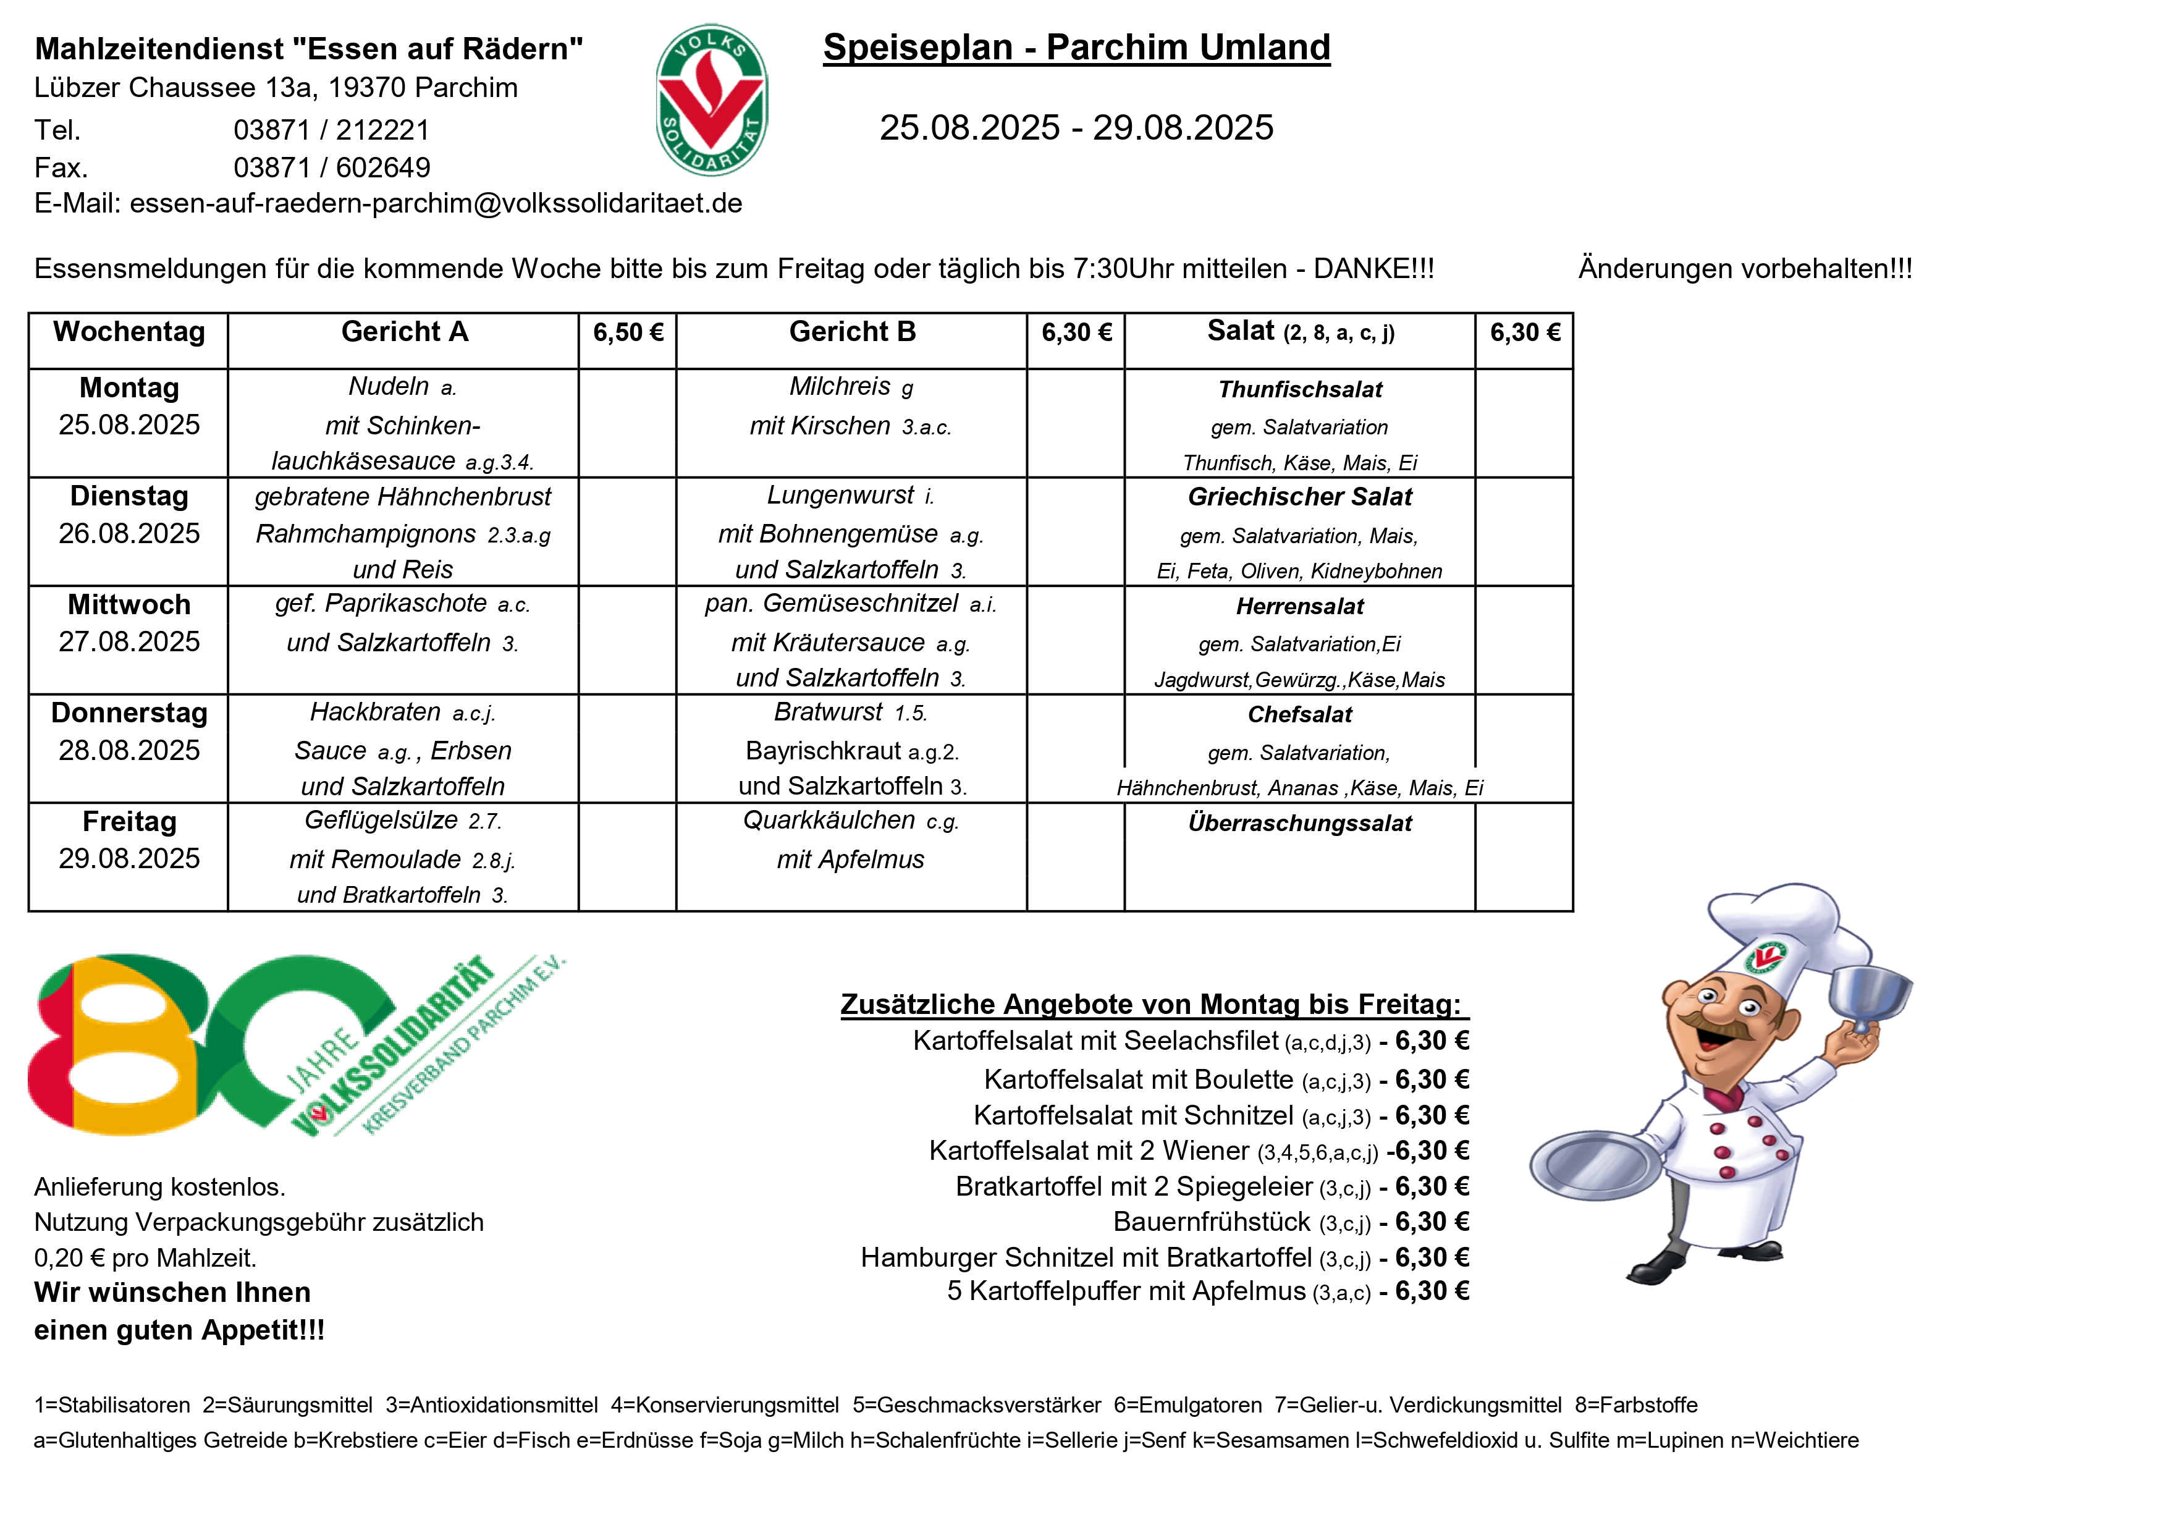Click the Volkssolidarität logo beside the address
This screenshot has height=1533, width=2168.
pyautogui.click(x=711, y=100)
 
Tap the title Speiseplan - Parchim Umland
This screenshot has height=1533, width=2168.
pyautogui.click(x=1076, y=47)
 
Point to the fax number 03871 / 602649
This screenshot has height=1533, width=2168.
pyautogui.click(x=331, y=167)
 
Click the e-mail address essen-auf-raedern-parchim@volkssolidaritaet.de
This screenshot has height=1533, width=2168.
pyautogui.click(x=436, y=203)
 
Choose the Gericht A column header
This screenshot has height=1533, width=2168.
pyautogui.click(x=404, y=332)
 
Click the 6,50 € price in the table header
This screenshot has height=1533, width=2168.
pyautogui.click(x=628, y=332)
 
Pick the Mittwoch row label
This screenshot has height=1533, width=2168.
pyautogui.click(x=129, y=604)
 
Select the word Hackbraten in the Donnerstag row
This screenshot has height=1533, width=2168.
pyautogui.click(x=375, y=712)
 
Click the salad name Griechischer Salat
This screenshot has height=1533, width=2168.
pyautogui.click(x=1299, y=497)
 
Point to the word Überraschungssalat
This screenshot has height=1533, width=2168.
pyautogui.click(x=1299, y=824)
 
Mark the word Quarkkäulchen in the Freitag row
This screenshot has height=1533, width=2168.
pyautogui.click(x=828, y=821)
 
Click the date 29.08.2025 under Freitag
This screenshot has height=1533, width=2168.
pyautogui.click(x=129, y=859)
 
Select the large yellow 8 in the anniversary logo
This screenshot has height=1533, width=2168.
pyautogui.click(x=123, y=1049)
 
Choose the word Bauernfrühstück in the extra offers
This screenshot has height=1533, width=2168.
pyautogui.click(x=1212, y=1222)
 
